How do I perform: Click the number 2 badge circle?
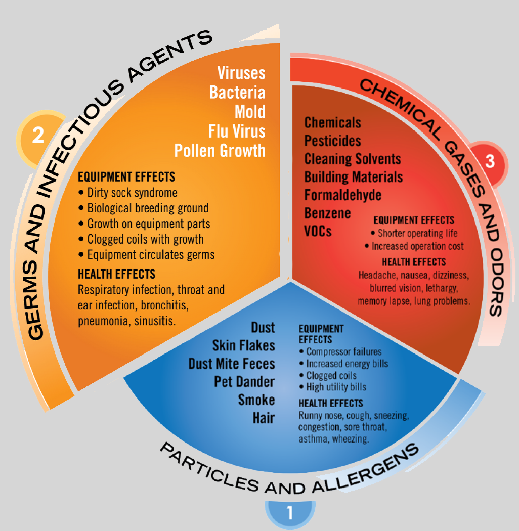pos(38,136)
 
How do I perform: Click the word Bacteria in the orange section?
pos(237,93)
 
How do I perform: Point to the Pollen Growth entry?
pos(220,150)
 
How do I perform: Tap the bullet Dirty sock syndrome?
pos(127,193)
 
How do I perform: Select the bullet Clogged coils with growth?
pos(141,239)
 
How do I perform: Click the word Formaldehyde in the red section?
pos(343,195)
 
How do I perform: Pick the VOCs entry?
pos(318,231)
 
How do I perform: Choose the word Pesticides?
pos(333,141)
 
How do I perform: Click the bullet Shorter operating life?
pos(414,233)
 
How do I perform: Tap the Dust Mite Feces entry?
pos(232,364)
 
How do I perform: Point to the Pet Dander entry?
pos(244,382)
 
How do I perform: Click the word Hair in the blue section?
pos(264,418)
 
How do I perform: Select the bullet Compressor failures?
pos(340,352)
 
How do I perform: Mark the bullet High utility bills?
pos(333,387)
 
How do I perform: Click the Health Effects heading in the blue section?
pos(331,404)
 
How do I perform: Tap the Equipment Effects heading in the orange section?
pos(126,177)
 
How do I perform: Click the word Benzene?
pos(328,213)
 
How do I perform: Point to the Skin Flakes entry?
pos(244,346)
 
